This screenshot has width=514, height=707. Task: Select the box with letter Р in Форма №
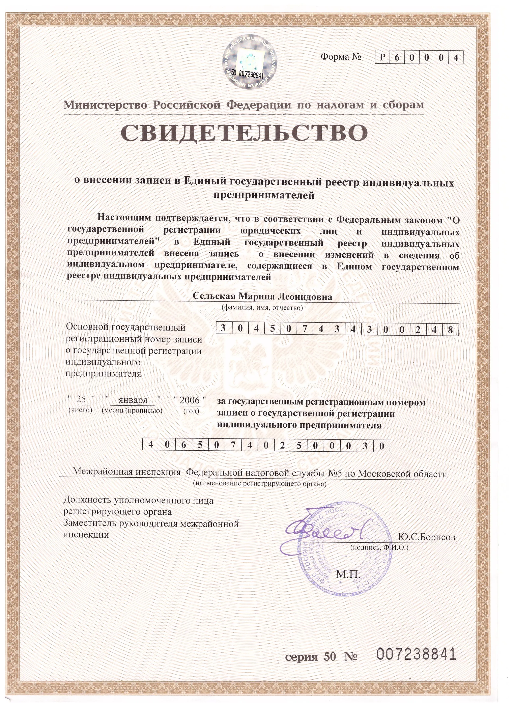(382, 58)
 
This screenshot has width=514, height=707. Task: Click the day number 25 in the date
(81, 399)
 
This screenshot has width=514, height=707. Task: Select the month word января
(133, 400)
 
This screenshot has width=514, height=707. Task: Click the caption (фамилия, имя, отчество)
(262, 308)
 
